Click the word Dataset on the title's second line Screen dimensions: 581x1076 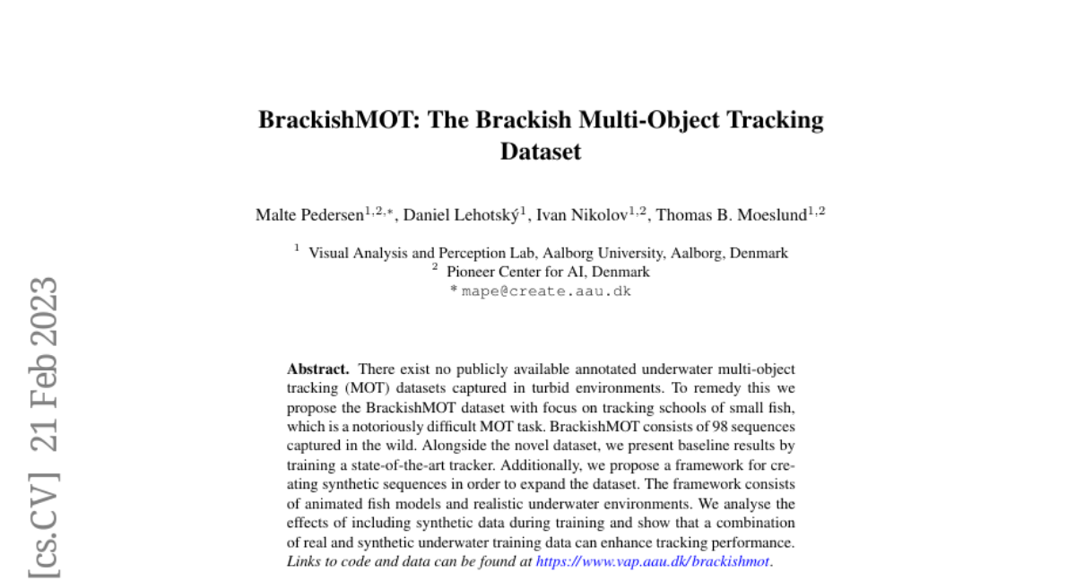[541, 151]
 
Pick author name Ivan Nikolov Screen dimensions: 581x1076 [586, 215]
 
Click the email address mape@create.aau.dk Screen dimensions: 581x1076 [546, 291]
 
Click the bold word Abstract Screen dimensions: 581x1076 [317, 369]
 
